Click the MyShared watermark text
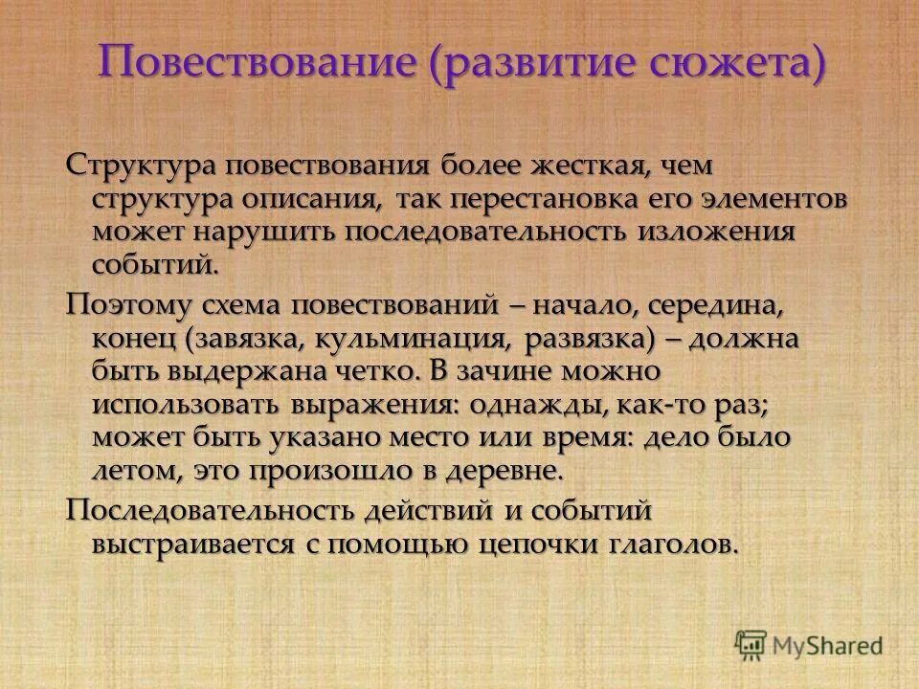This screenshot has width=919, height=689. [826, 644]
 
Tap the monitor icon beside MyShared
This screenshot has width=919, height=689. [751, 643]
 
